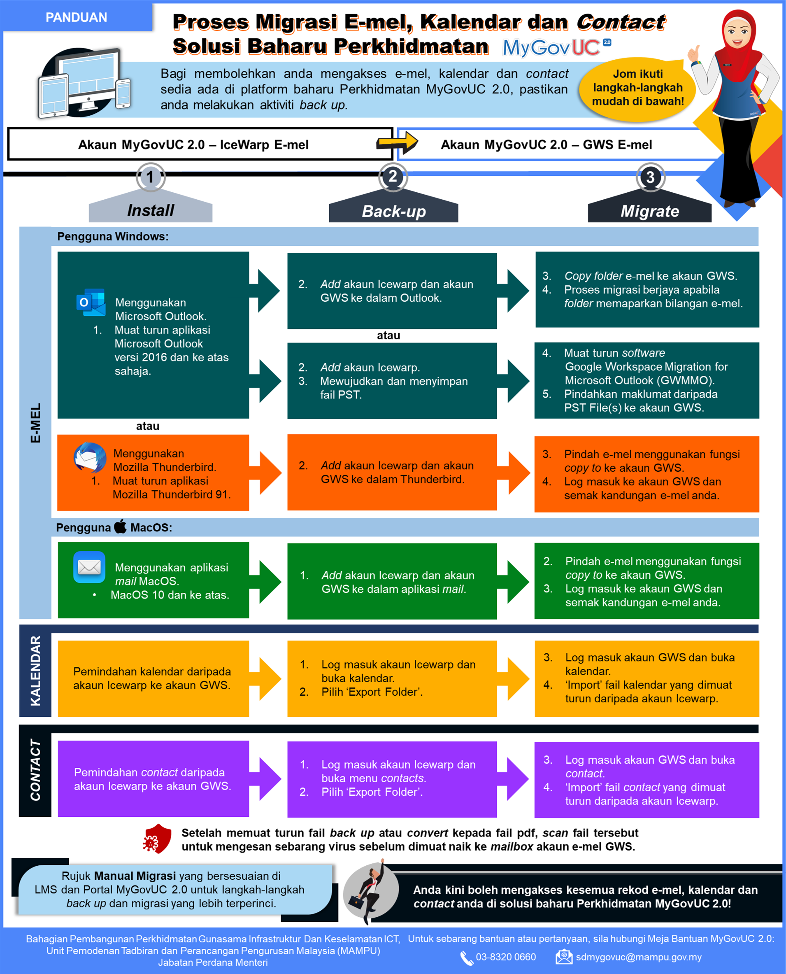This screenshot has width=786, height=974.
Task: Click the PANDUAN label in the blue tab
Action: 76,17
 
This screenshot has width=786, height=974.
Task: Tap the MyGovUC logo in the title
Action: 556,47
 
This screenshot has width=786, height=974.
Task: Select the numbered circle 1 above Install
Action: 150,177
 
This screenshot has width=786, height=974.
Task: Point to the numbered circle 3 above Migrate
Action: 650,177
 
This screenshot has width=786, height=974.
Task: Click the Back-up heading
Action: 393,211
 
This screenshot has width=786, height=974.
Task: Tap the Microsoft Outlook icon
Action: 91,302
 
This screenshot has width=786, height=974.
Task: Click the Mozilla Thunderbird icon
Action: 90,457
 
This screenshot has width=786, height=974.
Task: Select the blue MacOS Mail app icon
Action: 89,567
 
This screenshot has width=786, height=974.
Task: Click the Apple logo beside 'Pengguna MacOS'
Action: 121,527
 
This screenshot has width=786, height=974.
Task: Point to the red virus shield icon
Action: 157,839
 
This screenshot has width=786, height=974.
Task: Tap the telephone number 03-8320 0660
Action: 505,957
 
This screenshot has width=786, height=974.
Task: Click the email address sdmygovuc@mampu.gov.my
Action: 638,957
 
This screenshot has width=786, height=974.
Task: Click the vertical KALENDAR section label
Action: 35,671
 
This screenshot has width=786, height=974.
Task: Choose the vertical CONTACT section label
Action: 35,770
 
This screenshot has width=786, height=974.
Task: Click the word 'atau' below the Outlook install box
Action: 148,426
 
